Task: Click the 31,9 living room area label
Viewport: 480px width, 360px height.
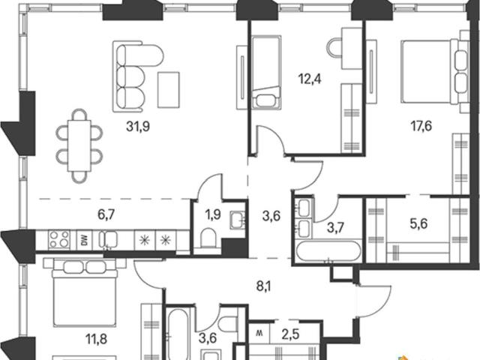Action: coord(138,126)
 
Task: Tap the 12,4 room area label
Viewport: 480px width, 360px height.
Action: coord(310,79)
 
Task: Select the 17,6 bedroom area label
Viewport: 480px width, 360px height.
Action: coord(421,126)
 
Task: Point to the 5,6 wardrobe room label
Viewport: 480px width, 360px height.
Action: coord(418,223)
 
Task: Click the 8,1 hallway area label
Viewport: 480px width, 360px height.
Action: coord(264,286)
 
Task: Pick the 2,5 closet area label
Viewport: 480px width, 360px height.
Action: coord(291,334)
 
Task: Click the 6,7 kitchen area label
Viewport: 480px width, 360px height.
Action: coord(106,214)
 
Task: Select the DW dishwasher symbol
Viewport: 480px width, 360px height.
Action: coord(85,240)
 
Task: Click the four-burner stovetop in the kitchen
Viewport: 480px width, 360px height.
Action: coord(59,239)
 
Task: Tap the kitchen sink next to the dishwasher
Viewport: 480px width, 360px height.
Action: coord(108,239)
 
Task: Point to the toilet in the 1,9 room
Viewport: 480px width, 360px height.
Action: coord(208,237)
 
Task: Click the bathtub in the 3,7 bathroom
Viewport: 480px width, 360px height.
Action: coord(328,251)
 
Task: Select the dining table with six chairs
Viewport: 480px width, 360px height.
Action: coord(79,145)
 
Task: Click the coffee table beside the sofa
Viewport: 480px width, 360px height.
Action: coord(168,90)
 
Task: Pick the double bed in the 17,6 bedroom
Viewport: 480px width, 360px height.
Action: coord(435,72)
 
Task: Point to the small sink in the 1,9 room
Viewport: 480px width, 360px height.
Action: coord(237,219)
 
